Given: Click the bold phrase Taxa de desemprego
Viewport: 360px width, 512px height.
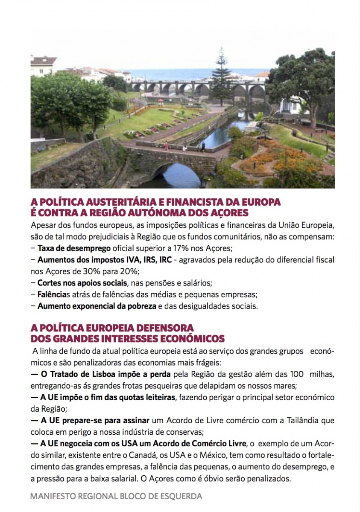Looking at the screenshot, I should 74,248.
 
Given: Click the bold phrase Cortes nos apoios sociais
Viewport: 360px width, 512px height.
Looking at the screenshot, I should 82,282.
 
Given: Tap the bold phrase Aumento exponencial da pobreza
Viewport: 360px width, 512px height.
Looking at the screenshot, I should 97,305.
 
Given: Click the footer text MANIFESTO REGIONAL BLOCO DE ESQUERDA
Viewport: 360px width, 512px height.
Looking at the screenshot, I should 116,496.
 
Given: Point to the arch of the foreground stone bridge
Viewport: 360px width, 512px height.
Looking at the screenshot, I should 176,173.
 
